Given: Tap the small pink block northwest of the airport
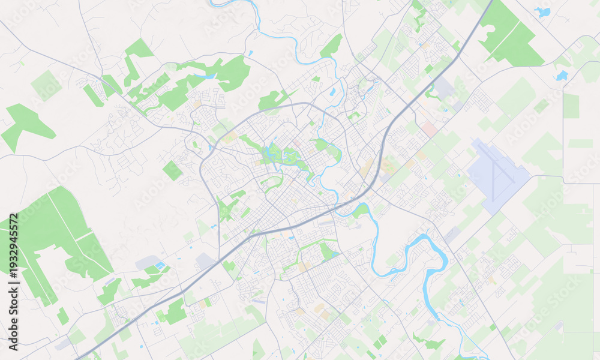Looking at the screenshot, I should (x=429, y=128).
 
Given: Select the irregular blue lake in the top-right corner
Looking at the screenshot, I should (x=543, y=11).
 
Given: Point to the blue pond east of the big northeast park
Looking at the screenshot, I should (x=562, y=76).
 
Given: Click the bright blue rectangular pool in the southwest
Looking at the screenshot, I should (x=160, y=265).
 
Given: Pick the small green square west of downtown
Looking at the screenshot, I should (x=172, y=170).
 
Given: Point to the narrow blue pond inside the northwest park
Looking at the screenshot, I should (x=205, y=77).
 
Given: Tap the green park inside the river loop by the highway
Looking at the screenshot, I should (x=360, y=211).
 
